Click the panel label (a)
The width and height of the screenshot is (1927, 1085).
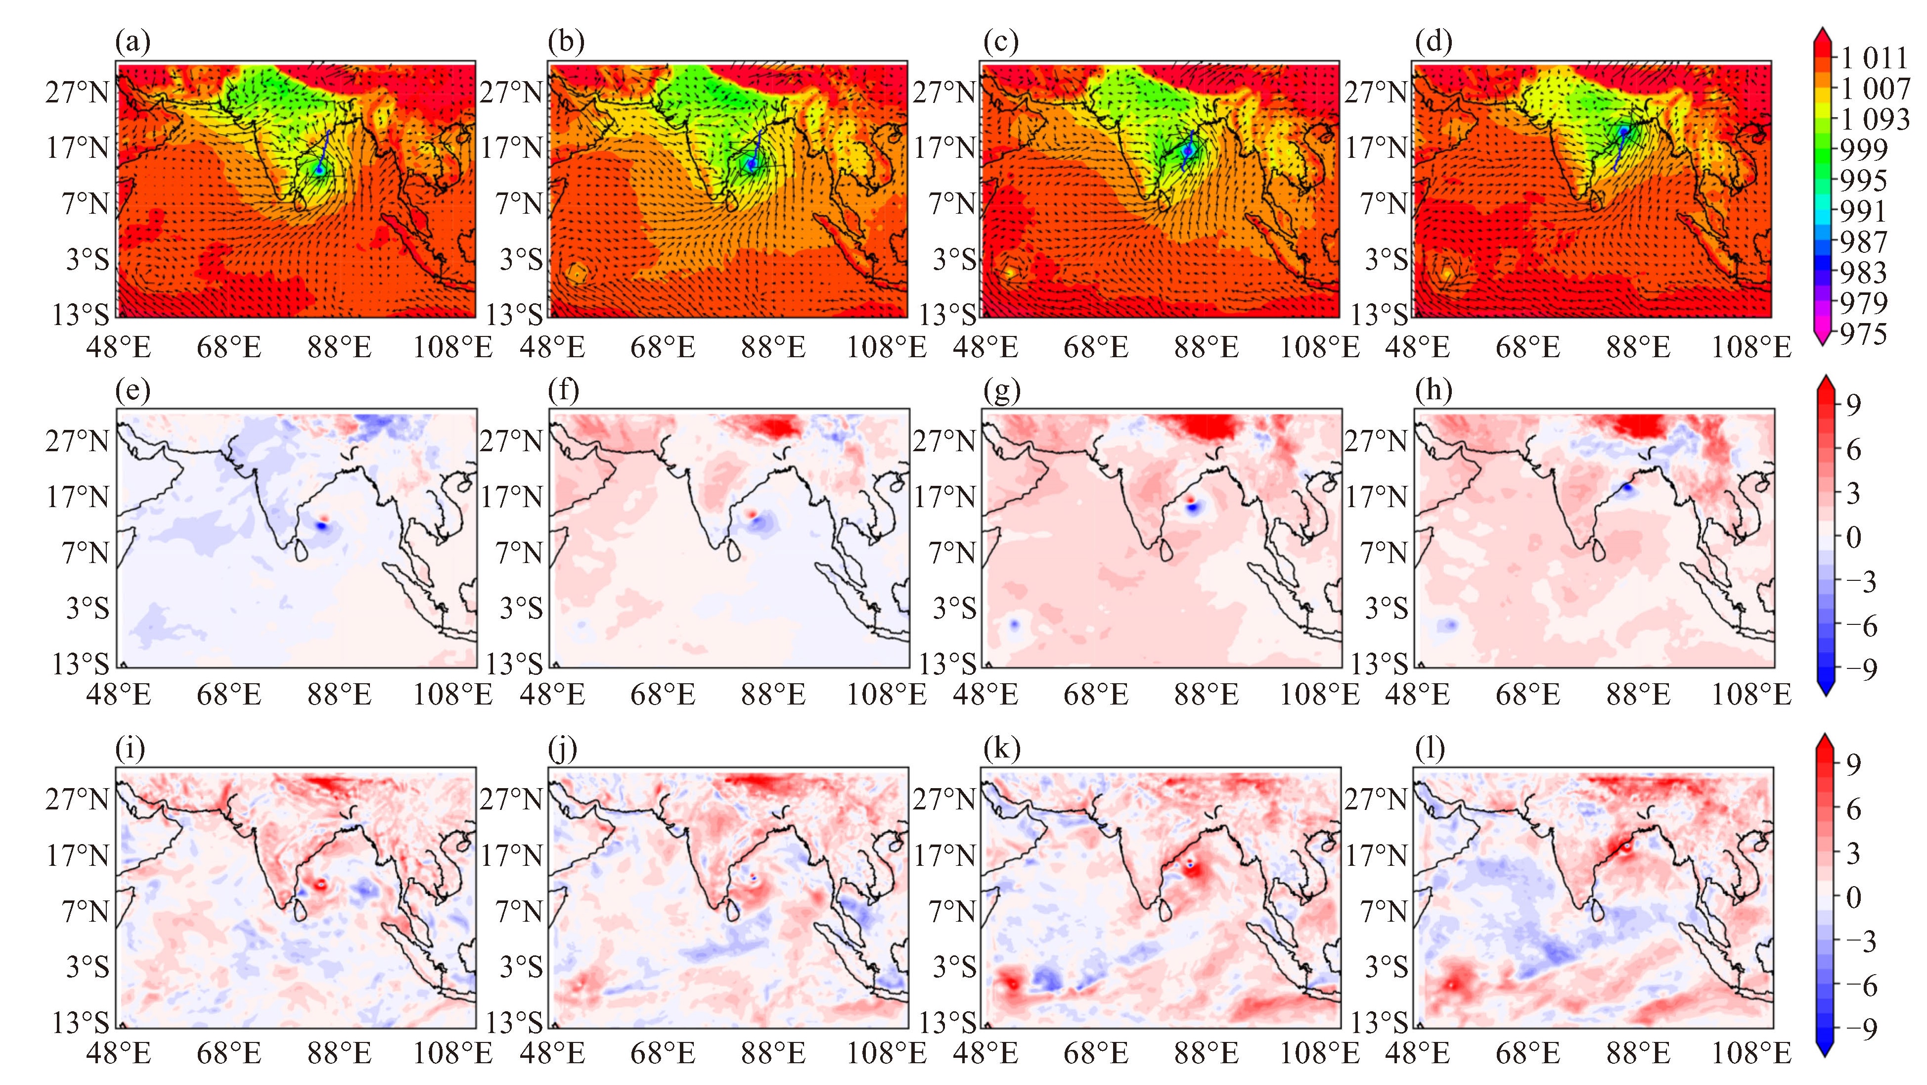coord(133,43)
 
